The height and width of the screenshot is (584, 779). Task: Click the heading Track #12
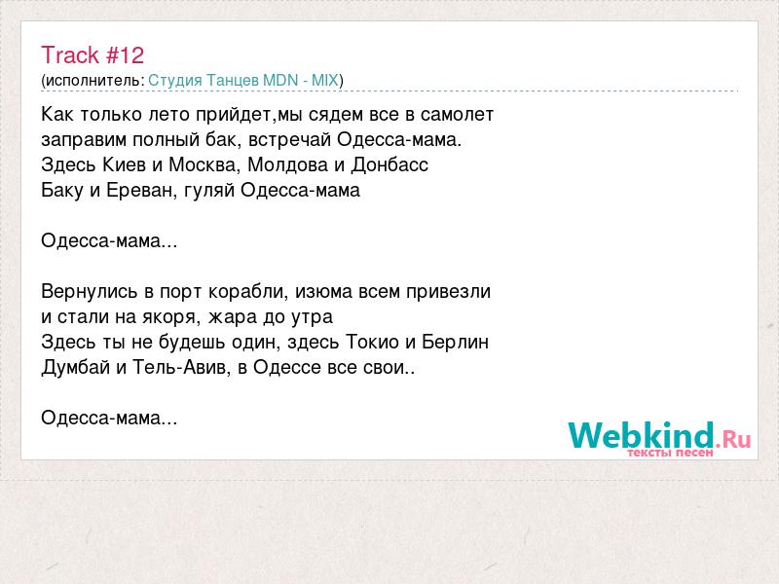pyautogui.click(x=93, y=55)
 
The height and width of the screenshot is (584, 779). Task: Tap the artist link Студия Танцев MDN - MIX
pyautogui.click(x=243, y=81)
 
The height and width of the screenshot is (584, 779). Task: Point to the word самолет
pyautogui.click(x=457, y=115)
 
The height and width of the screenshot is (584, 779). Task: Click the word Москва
pyautogui.click(x=204, y=164)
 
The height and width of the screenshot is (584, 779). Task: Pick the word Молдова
pyautogui.click(x=287, y=164)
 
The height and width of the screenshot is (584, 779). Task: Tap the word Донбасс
pyautogui.click(x=389, y=164)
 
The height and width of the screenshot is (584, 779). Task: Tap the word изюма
pyautogui.click(x=323, y=291)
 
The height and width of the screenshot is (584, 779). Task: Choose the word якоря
pyautogui.click(x=170, y=317)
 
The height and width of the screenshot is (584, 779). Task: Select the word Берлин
pyautogui.click(x=456, y=343)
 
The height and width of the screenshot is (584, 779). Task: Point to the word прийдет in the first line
pyautogui.click(x=235, y=115)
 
